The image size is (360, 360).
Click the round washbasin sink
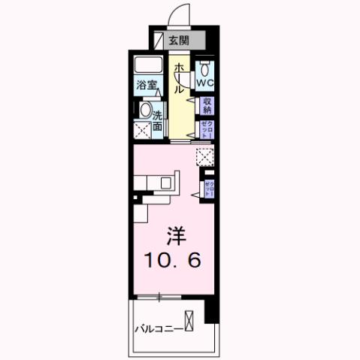145,111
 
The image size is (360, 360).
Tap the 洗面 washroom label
159,121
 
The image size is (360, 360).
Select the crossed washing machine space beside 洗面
143,130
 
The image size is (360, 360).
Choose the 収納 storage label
206,105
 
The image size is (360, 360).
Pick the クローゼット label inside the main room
210,188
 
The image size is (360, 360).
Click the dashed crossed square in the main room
204,156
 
